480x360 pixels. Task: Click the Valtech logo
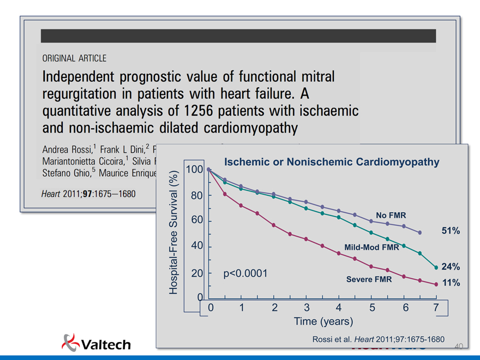pyautogui.click(x=96, y=344)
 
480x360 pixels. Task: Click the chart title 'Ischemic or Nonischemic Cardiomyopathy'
pyautogui.click(x=332, y=162)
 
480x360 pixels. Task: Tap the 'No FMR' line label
pyautogui.click(x=391, y=215)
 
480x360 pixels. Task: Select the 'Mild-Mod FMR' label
pyautogui.click(x=371, y=247)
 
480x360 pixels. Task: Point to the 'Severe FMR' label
pyautogui.click(x=369, y=279)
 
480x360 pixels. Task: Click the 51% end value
pyautogui.click(x=451, y=231)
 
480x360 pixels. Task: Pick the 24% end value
pyautogui.click(x=451, y=267)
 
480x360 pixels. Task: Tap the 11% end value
pyautogui.click(x=451, y=283)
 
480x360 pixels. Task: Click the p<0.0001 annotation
pyautogui.click(x=245, y=273)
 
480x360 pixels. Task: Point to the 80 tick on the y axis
pyautogui.click(x=196, y=195)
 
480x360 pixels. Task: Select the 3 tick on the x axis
pyautogui.click(x=307, y=308)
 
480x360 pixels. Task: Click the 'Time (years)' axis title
pyautogui.click(x=323, y=321)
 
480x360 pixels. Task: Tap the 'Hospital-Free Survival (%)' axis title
pyautogui.click(x=173, y=232)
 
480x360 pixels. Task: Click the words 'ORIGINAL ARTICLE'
pyautogui.click(x=74, y=58)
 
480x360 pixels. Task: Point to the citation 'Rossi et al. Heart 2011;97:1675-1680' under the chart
pyautogui.click(x=378, y=339)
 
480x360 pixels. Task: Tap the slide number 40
pyautogui.click(x=458, y=346)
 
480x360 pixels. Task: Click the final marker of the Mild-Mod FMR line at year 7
pyautogui.click(x=436, y=267)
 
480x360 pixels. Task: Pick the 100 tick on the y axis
pyautogui.click(x=194, y=169)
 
